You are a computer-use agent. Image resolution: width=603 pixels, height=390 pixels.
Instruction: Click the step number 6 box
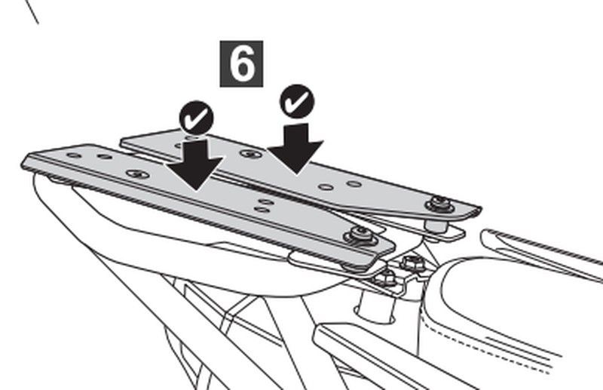coord(241,63)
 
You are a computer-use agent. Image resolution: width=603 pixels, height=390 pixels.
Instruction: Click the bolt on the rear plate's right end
coord(437,203)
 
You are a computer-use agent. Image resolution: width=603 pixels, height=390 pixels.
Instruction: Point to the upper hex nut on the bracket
coord(412,263)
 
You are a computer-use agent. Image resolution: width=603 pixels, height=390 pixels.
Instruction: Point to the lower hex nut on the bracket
coord(385,278)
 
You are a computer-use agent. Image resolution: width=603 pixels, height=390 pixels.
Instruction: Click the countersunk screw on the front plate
coord(136,174)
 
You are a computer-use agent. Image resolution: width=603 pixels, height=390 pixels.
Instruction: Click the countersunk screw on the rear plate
coord(249,154)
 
